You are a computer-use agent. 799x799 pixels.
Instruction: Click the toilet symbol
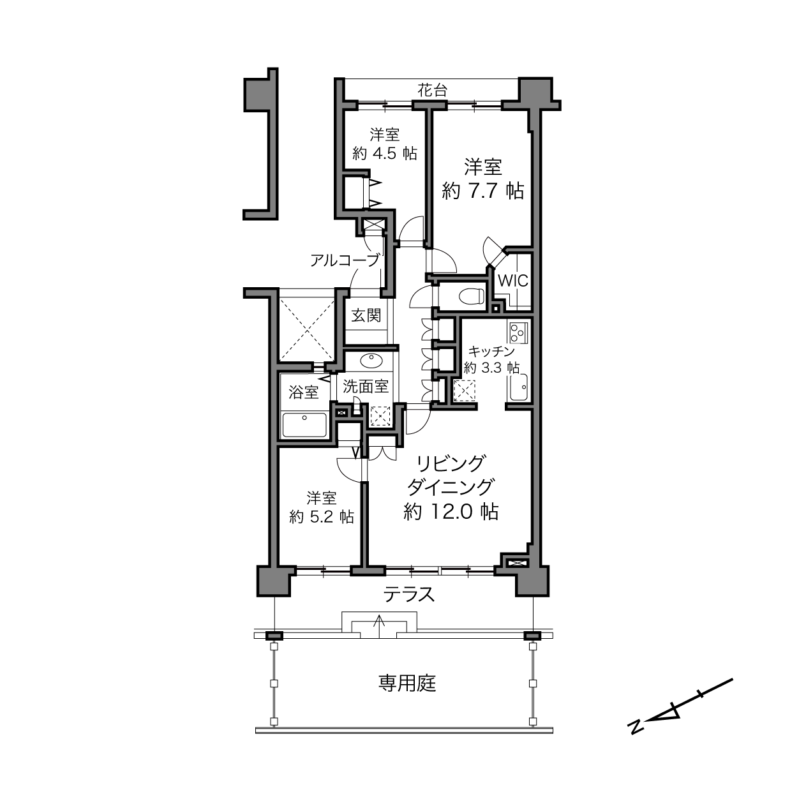click(x=472, y=295)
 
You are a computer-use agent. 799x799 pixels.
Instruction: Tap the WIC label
click(x=513, y=281)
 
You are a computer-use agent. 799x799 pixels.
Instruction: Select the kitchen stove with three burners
click(x=518, y=332)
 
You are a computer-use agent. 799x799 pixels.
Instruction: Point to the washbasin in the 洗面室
click(x=371, y=361)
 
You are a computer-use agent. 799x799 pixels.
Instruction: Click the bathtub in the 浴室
click(x=304, y=424)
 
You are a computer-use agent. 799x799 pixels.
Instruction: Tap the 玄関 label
click(x=366, y=315)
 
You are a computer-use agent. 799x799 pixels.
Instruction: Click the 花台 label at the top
click(x=433, y=90)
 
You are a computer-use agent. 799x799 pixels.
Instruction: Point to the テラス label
click(x=409, y=595)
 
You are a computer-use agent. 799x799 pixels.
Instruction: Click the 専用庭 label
click(x=407, y=683)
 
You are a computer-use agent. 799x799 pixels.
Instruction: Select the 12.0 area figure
click(x=452, y=512)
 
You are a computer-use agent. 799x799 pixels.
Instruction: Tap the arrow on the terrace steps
click(x=379, y=627)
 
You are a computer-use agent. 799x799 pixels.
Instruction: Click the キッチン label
click(x=491, y=351)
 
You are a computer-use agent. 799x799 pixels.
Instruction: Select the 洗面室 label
click(x=365, y=387)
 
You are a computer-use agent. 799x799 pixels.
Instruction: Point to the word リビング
click(x=451, y=463)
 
